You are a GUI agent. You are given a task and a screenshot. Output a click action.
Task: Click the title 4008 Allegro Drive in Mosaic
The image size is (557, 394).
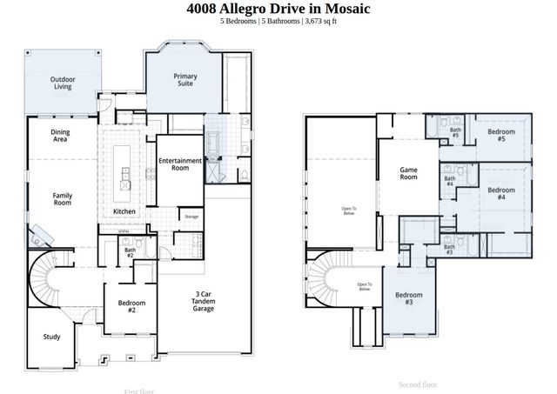[x=278, y=9]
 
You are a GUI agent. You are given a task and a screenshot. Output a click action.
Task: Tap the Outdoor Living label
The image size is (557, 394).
[x=62, y=83]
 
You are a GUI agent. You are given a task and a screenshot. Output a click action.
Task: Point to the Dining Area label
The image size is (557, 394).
[x=60, y=135]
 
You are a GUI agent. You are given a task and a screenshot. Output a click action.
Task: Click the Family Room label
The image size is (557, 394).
[x=62, y=199]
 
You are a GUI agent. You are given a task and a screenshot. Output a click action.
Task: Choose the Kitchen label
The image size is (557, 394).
[x=124, y=211]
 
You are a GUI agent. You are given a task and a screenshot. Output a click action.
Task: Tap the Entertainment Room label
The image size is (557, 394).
[x=180, y=164]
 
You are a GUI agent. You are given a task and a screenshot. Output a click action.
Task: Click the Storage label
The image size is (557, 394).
[x=191, y=217]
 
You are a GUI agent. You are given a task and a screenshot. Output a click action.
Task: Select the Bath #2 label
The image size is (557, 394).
[x=129, y=253]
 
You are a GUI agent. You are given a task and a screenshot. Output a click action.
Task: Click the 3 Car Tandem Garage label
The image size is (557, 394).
[x=203, y=303]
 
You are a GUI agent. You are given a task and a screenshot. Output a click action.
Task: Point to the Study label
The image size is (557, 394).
[x=51, y=337]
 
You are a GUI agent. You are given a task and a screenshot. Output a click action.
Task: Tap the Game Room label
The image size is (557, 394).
[x=409, y=173]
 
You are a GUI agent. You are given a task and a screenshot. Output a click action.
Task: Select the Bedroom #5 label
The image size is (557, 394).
[x=501, y=135]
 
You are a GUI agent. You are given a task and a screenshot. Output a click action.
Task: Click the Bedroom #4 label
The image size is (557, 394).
[x=501, y=193]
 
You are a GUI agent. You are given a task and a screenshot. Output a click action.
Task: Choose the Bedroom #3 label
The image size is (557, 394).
[x=409, y=298]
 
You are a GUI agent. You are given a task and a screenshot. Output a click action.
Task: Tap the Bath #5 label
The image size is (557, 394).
[x=454, y=132]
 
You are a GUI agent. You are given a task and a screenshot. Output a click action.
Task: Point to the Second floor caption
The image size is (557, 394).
[x=418, y=384]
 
